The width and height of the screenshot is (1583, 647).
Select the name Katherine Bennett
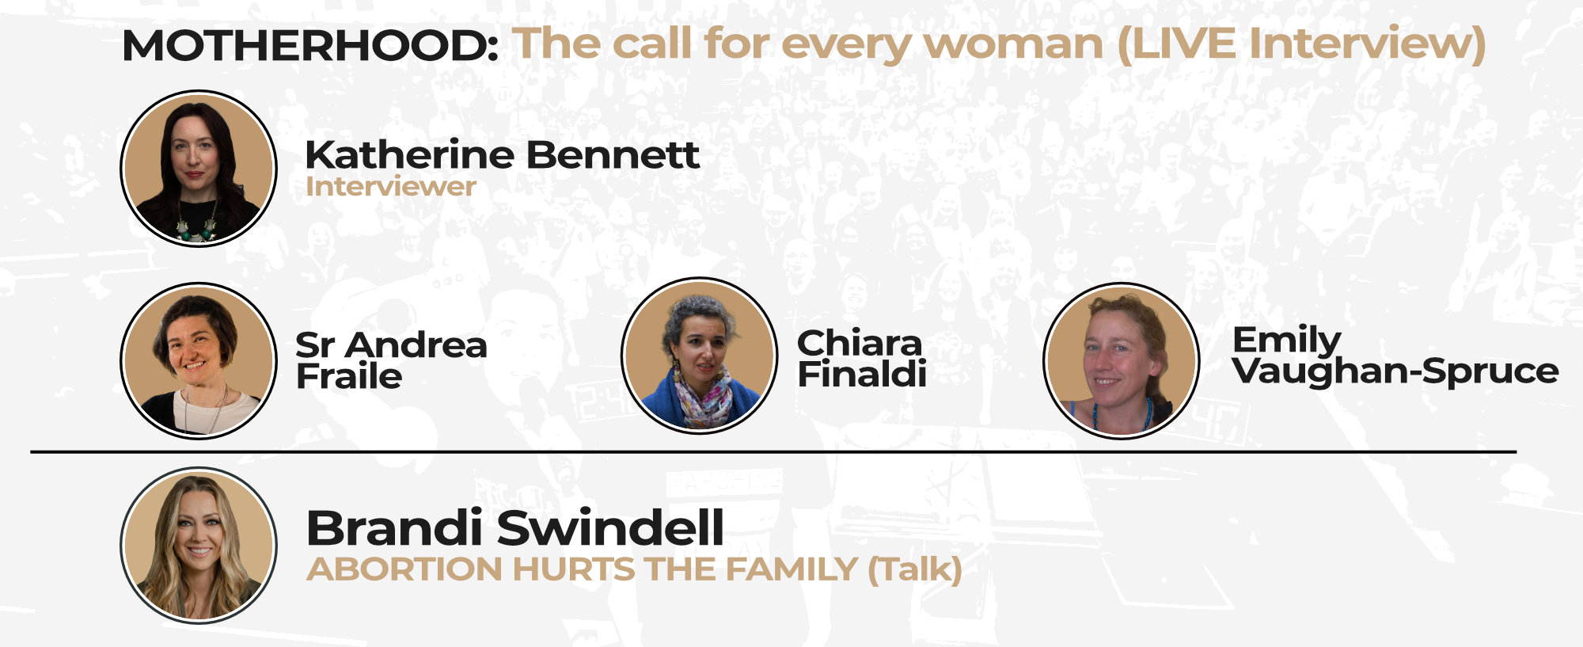(x=503, y=154)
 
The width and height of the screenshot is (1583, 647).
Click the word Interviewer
(x=391, y=187)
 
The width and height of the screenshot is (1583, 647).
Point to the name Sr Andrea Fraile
(x=391, y=360)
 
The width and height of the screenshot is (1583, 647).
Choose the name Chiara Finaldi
(x=861, y=359)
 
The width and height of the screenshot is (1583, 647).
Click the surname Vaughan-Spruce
(x=1395, y=371)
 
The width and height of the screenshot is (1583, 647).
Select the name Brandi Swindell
(x=515, y=527)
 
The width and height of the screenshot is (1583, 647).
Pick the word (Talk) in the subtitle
(x=915, y=570)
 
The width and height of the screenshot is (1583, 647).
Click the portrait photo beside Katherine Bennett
(x=199, y=168)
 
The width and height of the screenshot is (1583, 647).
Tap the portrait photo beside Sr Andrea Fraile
(x=199, y=360)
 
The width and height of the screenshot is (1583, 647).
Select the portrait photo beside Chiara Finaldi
(x=700, y=356)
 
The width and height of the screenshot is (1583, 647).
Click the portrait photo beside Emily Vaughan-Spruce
(x=1121, y=360)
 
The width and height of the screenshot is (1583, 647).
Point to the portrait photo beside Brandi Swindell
(x=199, y=545)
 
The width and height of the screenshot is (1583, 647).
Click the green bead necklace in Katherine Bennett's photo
(x=197, y=223)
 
